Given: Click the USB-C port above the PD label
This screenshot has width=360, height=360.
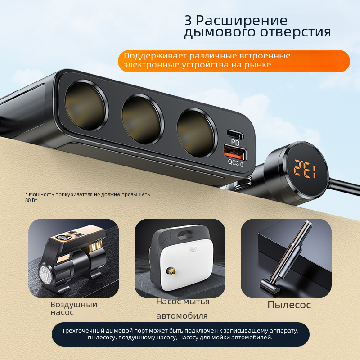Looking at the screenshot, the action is point(235,134).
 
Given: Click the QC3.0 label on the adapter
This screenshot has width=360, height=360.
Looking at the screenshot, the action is point(235,163).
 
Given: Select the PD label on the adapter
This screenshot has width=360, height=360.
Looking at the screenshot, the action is point(235,143).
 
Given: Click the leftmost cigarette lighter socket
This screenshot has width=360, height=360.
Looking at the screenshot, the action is point(85,106).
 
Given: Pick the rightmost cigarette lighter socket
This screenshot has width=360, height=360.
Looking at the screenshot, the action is point(195,134).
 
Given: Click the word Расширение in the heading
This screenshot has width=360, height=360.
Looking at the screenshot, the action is point(242,21).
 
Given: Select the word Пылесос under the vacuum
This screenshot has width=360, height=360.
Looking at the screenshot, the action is point(289,305).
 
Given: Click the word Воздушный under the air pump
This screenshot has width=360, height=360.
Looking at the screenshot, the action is point(74,305).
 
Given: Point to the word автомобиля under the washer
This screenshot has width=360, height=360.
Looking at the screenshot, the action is point(182,316).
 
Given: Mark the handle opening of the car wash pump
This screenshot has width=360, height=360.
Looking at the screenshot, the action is point(185,235).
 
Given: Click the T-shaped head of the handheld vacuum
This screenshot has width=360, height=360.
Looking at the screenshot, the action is point(269,286).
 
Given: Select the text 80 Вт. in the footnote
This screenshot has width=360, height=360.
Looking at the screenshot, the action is point(31,200).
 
